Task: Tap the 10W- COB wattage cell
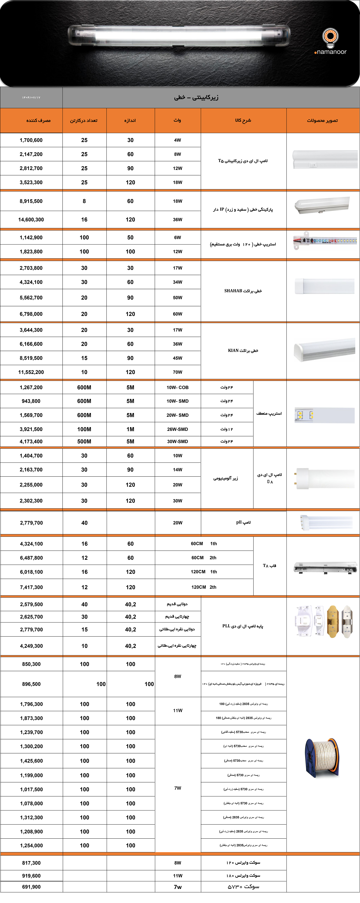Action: pyautogui.click(x=177, y=387)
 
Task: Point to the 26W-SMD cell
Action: pyautogui.click(x=177, y=429)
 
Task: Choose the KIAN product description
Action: pyautogui.click(x=243, y=351)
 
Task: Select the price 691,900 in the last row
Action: pyautogui.click(x=31, y=887)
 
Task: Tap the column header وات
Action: pyautogui.click(x=177, y=120)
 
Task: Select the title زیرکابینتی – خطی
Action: pyautogui.click(x=196, y=97)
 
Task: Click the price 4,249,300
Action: pyautogui.click(x=31, y=646)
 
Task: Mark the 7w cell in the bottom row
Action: pyautogui.click(x=178, y=887)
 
